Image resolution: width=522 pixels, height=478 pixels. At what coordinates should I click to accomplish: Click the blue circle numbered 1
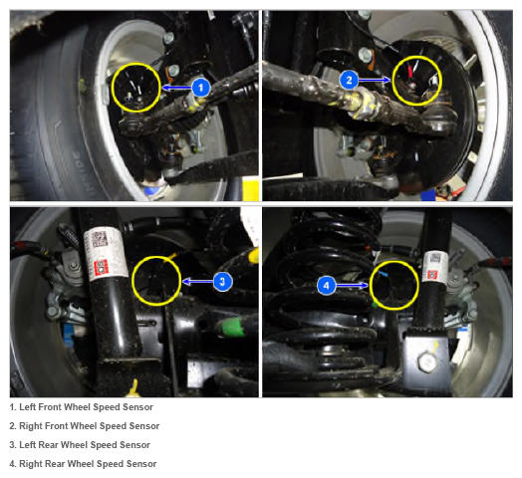(x=201, y=88)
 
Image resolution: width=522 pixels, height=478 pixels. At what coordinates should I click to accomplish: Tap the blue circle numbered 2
(x=349, y=80)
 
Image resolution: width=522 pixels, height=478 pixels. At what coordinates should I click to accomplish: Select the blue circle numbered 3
(x=222, y=282)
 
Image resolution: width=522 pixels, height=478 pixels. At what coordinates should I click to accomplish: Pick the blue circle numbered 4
(x=327, y=285)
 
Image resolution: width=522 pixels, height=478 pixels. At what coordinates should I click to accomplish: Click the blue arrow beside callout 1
(x=176, y=88)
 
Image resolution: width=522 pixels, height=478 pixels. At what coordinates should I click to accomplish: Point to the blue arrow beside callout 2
(x=375, y=80)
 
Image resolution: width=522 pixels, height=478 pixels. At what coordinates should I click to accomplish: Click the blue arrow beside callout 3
(x=198, y=282)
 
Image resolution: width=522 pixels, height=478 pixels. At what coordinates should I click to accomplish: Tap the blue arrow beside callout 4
(x=352, y=285)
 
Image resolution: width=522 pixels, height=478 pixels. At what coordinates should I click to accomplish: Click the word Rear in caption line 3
(x=48, y=445)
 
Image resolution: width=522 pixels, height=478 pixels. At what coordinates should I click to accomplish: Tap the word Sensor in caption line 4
(x=141, y=464)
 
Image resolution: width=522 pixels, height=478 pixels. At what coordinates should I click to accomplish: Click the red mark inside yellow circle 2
(x=410, y=71)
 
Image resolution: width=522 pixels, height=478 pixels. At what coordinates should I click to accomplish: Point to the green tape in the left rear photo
(x=230, y=327)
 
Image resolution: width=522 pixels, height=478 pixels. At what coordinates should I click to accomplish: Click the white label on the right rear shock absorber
(x=433, y=266)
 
